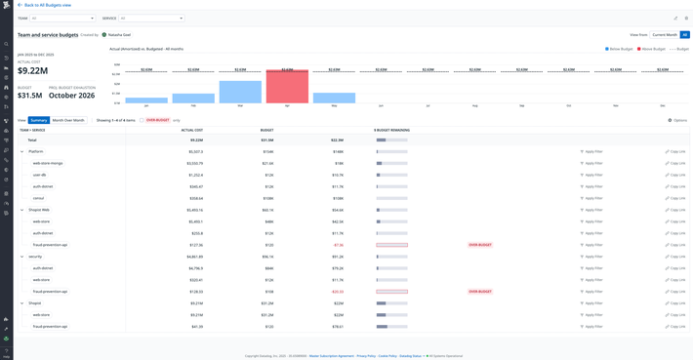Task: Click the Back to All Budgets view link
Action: (x=46, y=5)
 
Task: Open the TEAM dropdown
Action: (x=61, y=18)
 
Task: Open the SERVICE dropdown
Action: (x=151, y=18)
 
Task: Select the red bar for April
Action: (x=287, y=87)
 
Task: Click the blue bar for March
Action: (x=240, y=92)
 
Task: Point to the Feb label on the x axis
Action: (x=193, y=106)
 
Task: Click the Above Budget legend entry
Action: (x=651, y=49)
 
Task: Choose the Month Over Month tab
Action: (x=68, y=120)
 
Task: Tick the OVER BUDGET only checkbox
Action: (x=142, y=120)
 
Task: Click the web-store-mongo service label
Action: (x=48, y=163)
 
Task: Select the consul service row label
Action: (x=39, y=198)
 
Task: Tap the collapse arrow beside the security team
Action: (x=21, y=257)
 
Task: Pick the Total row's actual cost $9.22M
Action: (x=195, y=140)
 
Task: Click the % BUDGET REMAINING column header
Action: (x=391, y=130)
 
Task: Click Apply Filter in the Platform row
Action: (x=591, y=151)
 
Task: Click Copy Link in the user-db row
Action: (x=675, y=175)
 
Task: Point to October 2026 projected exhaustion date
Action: (x=71, y=96)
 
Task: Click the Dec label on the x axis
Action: (x=663, y=106)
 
